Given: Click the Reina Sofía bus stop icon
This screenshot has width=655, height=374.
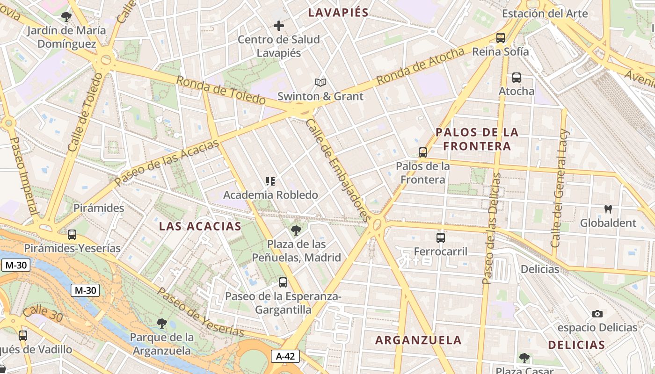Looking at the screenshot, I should (501, 38).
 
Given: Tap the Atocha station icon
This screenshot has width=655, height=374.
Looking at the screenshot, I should (517, 78).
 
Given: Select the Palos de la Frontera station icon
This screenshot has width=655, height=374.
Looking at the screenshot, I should (423, 152).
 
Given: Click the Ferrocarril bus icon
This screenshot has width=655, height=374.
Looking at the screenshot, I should (441, 238).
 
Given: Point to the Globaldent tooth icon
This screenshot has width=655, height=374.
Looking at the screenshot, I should (608, 209).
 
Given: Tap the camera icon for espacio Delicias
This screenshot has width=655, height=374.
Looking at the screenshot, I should (597, 314).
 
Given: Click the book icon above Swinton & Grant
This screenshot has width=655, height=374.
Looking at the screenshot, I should (320, 83).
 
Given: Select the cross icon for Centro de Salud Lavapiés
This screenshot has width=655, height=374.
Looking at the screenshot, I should (279, 26).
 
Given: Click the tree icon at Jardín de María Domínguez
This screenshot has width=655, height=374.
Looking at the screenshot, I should (66, 17).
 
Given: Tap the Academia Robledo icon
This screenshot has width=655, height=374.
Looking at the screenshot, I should (270, 181).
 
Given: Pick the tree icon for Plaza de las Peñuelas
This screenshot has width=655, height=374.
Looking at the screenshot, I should (296, 230).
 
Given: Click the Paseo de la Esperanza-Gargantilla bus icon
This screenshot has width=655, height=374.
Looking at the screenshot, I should (283, 282).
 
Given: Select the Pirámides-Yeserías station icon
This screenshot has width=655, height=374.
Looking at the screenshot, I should (72, 235).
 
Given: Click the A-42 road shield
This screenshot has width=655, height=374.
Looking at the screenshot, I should (285, 356).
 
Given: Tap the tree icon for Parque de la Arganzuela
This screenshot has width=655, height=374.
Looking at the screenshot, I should (162, 323).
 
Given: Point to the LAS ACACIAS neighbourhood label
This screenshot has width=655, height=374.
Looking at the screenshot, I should (200, 226).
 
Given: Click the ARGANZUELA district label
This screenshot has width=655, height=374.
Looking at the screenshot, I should (418, 340).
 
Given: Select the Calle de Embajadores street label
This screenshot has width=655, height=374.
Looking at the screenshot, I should (338, 170).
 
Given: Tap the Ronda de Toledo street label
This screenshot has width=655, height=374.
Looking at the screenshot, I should (221, 90).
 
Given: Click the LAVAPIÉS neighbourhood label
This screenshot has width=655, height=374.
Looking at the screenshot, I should (338, 13).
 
